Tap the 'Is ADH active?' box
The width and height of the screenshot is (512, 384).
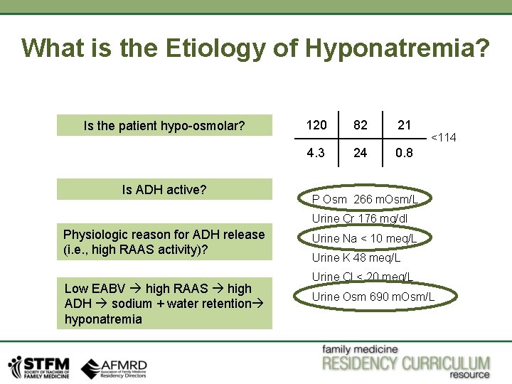coord(164,190)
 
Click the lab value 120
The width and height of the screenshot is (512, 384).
coord(316,125)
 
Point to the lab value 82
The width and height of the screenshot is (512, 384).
coord(361,125)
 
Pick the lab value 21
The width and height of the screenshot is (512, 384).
coord(404,125)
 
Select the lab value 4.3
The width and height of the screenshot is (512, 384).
coord(316,153)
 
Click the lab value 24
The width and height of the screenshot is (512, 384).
coord(361,153)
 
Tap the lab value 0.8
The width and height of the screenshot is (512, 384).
coord(404,153)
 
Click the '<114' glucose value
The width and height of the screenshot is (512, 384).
coord(444,138)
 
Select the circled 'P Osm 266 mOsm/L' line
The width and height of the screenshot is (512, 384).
coord(365,199)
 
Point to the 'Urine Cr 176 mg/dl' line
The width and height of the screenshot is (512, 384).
coord(359,219)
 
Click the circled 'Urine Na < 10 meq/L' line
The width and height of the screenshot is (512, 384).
coord(364,238)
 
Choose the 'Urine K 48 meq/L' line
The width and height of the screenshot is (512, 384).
coord(356,257)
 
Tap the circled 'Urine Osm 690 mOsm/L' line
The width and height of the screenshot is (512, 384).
coord(373,297)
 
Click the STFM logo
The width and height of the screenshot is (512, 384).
coord(38,366)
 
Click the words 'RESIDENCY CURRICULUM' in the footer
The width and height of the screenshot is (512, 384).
coord(406,364)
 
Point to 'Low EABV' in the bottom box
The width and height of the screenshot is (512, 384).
coord(88,289)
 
